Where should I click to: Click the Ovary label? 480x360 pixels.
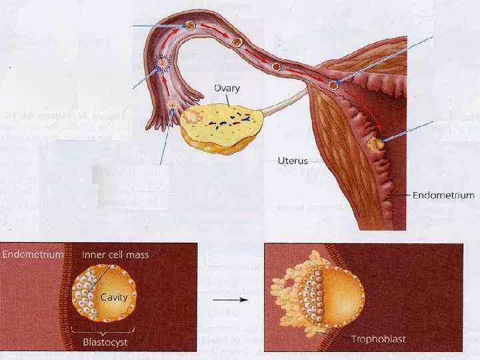point(227,88)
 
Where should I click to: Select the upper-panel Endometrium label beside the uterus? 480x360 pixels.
point(444,195)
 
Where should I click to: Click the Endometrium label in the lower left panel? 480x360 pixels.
point(33,254)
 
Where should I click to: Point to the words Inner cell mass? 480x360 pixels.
point(115,254)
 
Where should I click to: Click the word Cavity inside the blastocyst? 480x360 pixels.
point(115,296)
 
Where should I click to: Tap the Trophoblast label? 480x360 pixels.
point(379,339)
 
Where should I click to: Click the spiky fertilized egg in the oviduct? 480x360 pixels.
point(161,65)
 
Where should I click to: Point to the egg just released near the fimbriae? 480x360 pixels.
point(172,105)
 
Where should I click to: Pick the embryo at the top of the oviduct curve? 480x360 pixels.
point(189,26)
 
